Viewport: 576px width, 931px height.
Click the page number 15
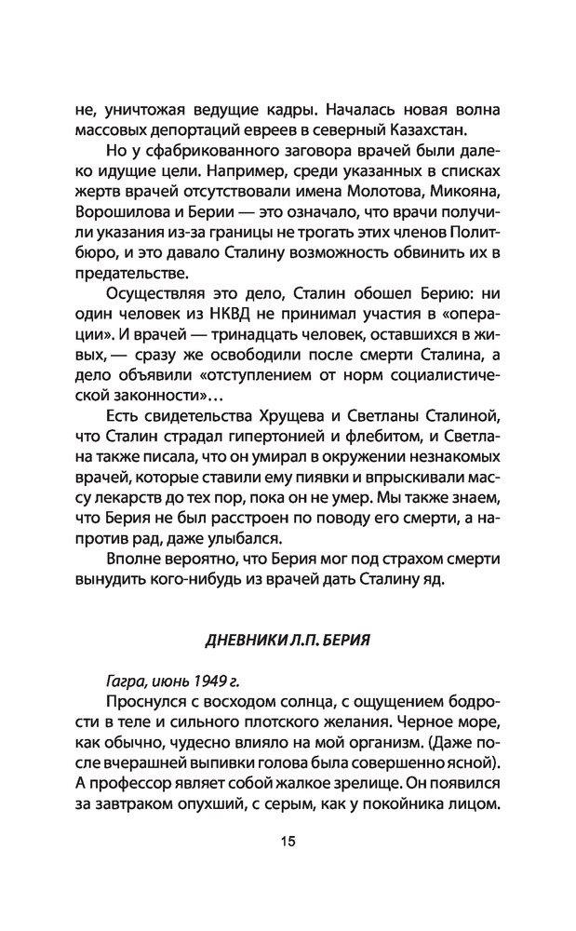click(x=287, y=868)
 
